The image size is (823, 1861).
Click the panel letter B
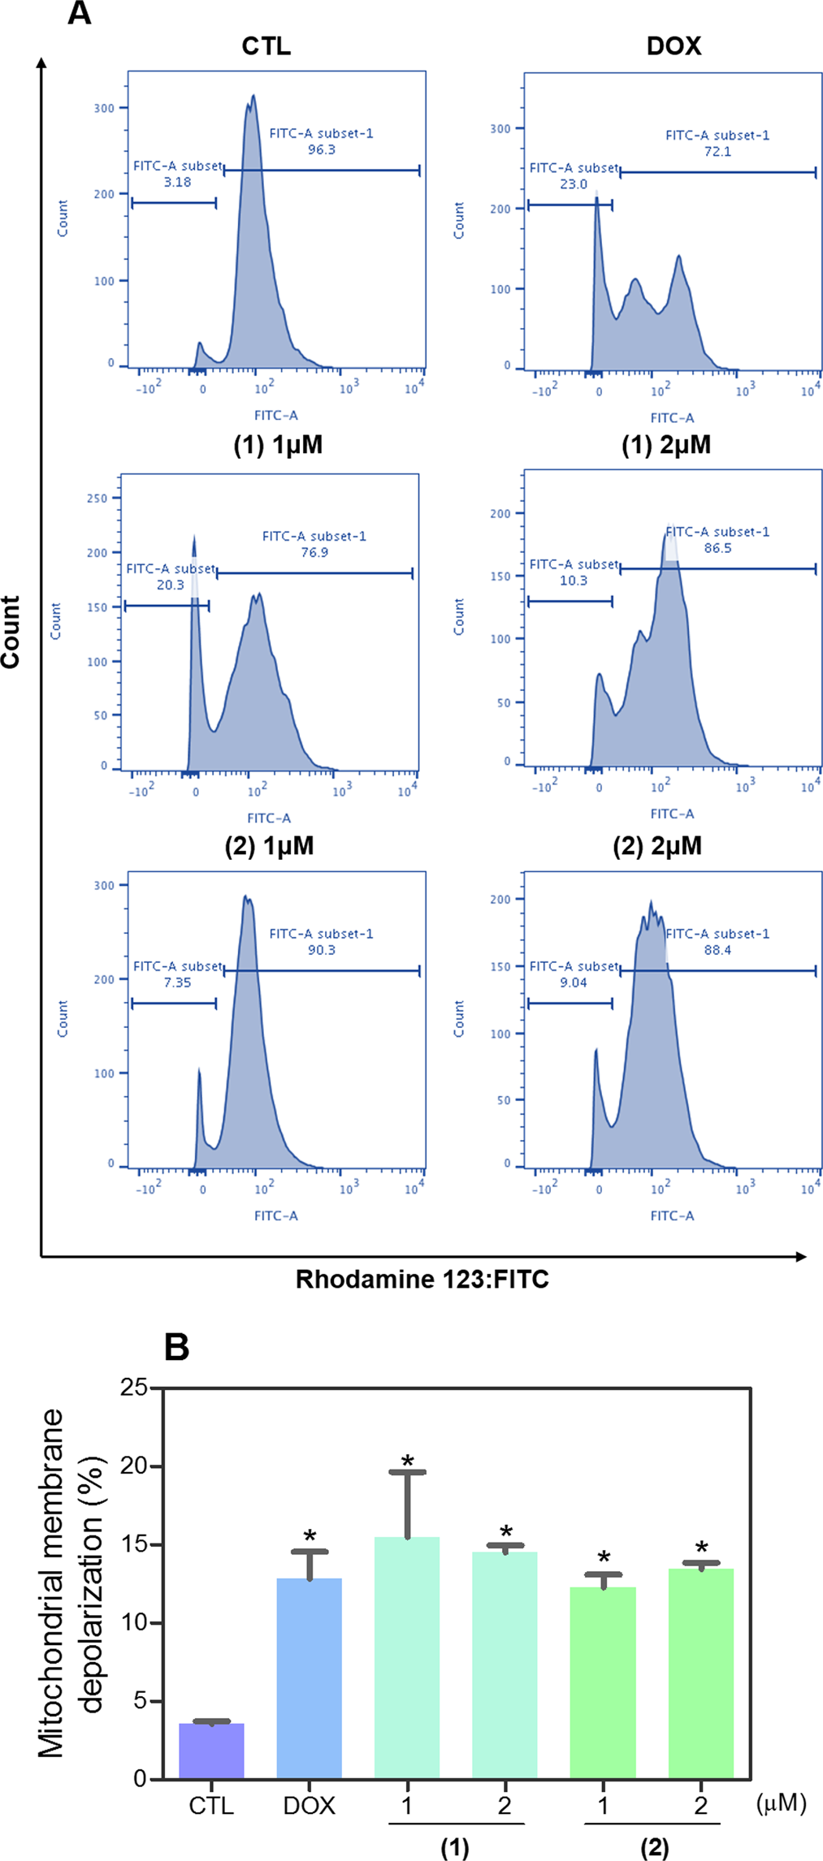coord(176,1346)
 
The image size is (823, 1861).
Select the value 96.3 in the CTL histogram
coord(322,149)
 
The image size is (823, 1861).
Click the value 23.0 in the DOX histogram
coord(573,184)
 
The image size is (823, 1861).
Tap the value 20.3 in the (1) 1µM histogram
coord(170,585)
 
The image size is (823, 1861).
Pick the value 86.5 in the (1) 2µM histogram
coord(717,548)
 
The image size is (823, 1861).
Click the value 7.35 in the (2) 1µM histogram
coord(177,982)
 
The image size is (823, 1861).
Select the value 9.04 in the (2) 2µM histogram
coord(573,982)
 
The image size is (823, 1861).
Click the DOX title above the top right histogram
coord(674,45)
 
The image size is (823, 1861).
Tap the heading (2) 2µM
coord(657,846)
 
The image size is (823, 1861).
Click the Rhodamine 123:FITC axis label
coord(422,1280)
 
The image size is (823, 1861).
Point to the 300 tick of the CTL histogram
coord(104,108)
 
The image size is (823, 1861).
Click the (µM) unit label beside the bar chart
coord(781,1803)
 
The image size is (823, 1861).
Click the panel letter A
coord(79,14)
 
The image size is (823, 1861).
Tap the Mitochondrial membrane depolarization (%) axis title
coord(71,1583)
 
